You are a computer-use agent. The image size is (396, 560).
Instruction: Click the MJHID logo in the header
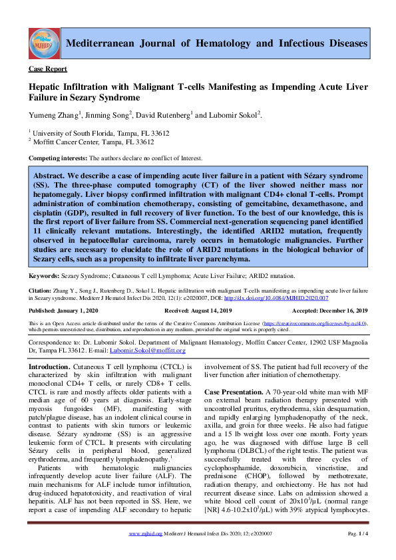tap(43, 44)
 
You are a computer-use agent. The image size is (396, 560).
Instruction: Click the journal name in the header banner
tap(217, 43)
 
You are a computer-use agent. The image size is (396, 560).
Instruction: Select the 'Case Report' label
tap(47, 69)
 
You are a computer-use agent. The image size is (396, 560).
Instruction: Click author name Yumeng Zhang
tap(53, 115)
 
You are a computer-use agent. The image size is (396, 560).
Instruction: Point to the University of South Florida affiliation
tap(91, 133)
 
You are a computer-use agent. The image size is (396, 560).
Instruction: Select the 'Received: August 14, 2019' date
tap(199, 311)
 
